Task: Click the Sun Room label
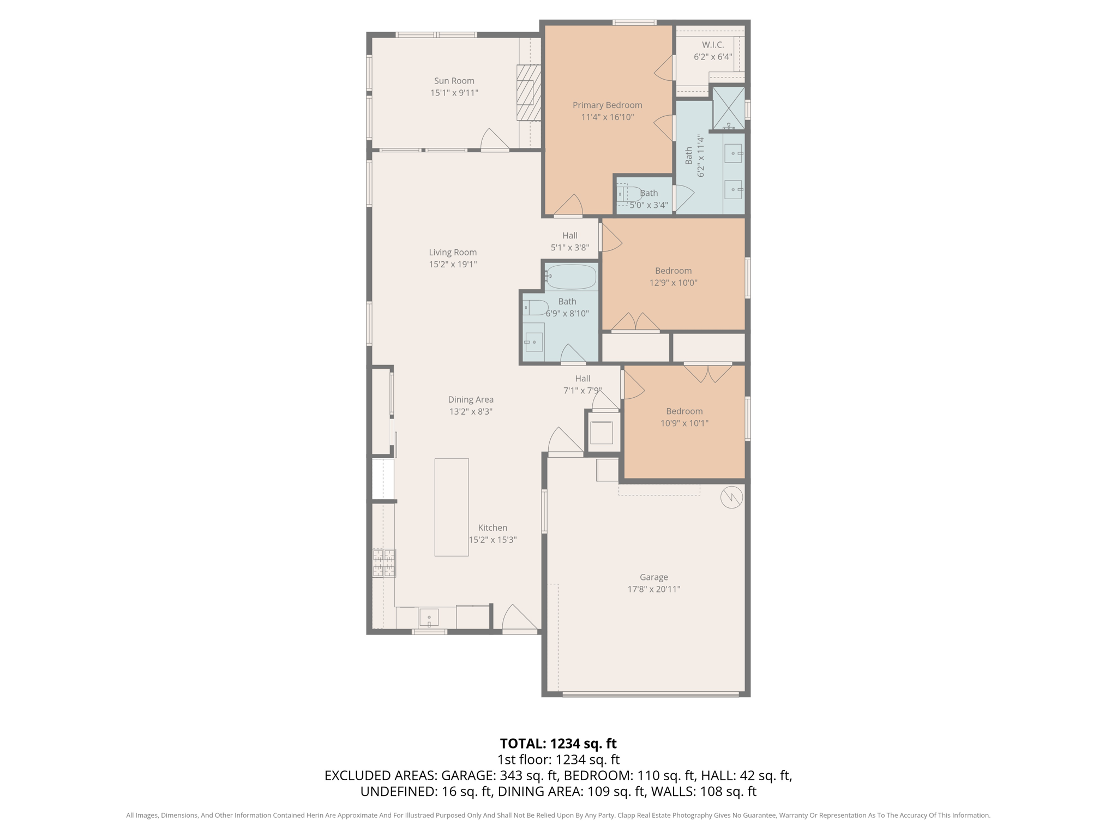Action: (454, 81)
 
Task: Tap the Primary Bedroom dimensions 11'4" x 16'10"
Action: (607, 117)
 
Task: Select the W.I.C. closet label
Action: (713, 45)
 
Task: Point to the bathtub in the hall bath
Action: (571, 277)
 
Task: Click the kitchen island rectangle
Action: (451, 507)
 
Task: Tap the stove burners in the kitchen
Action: (384, 563)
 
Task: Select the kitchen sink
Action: (429, 617)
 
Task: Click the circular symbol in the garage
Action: (731, 497)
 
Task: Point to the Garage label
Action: (653, 577)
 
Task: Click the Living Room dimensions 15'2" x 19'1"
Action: (453, 265)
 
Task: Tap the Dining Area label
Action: (471, 399)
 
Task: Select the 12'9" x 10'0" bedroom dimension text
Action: (673, 283)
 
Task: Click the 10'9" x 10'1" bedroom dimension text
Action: (684, 423)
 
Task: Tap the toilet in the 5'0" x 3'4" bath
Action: (627, 194)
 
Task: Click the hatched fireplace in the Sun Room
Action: (529, 93)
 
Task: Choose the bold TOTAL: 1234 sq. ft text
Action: (558, 744)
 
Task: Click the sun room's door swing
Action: (494, 140)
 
